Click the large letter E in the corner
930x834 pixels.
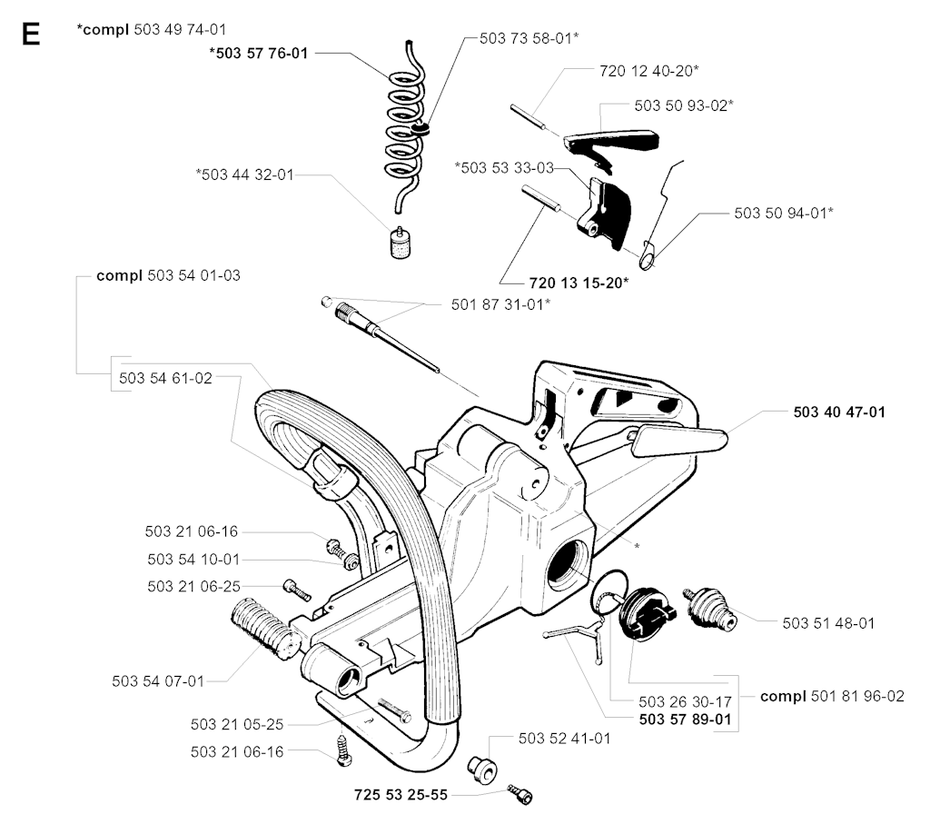point(30,35)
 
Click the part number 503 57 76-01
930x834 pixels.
point(258,54)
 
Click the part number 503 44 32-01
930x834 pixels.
point(244,174)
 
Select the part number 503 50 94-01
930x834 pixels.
point(784,213)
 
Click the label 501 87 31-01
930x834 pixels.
point(500,303)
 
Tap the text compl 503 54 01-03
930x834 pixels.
point(168,275)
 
